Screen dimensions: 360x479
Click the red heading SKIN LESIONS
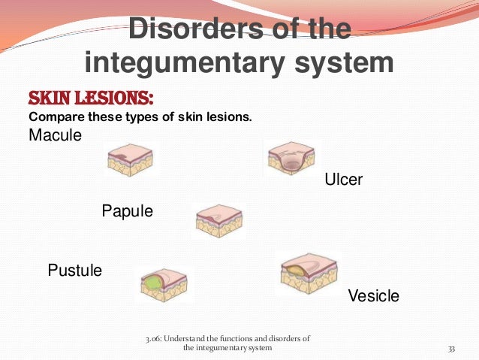[91, 98]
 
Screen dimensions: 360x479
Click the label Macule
[55, 135]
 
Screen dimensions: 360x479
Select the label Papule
[127, 211]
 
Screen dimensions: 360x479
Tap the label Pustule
[74, 270]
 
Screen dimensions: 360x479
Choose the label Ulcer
[343, 180]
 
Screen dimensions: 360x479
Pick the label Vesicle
[373, 296]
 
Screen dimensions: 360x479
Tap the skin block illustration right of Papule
[218, 221]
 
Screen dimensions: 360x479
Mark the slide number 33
[452, 348]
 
